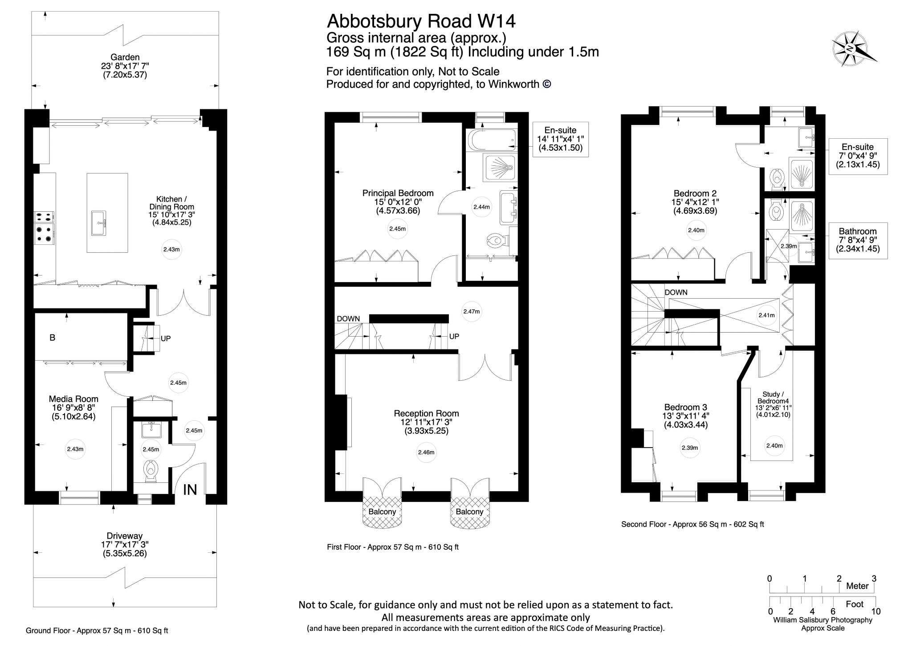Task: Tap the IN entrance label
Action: pyautogui.click(x=190, y=490)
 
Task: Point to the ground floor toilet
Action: pyautogui.click(x=151, y=471)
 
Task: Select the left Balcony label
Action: pyautogui.click(x=382, y=512)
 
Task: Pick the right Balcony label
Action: pyautogui.click(x=469, y=512)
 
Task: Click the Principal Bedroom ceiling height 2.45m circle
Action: pyautogui.click(x=397, y=229)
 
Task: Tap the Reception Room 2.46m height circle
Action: pyautogui.click(x=426, y=452)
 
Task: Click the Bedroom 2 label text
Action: pyautogui.click(x=695, y=193)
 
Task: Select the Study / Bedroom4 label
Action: pyautogui.click(x=771, y=397)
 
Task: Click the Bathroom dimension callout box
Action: pyautogui.click(x=857, y=240)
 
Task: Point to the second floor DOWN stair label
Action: pyautogui.click(x=676, y=292)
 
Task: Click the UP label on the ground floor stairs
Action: pyautogui.click(x=166, y=338)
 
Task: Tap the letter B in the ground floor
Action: pyautogui.click(x=53, y=338)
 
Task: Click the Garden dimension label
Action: pyautogui.click(x=125, y=66)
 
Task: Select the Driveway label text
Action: pyautogui.click(x=124, y=536)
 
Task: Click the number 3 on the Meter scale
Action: pyautogui.click(x=874, y=579)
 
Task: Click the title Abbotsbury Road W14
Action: pyautogui.click(x=421, y=21)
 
